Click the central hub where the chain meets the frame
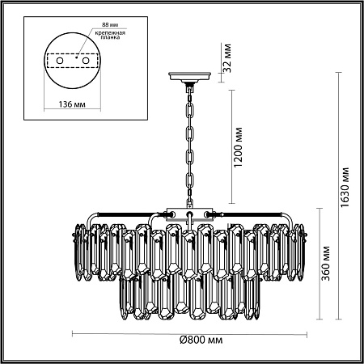(188, 214)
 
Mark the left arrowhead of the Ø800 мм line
(73, 331)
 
